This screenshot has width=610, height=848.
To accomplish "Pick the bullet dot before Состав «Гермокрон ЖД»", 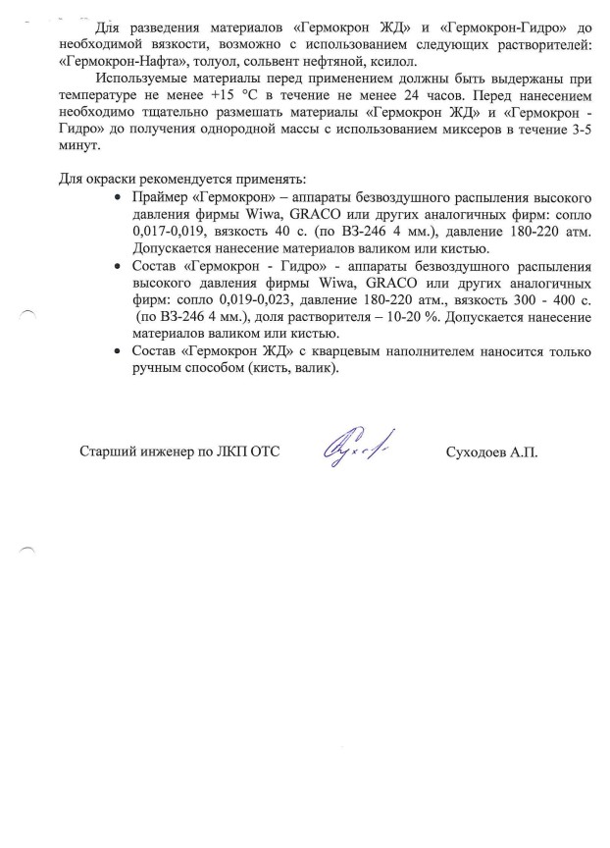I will [x=119, y=350].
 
